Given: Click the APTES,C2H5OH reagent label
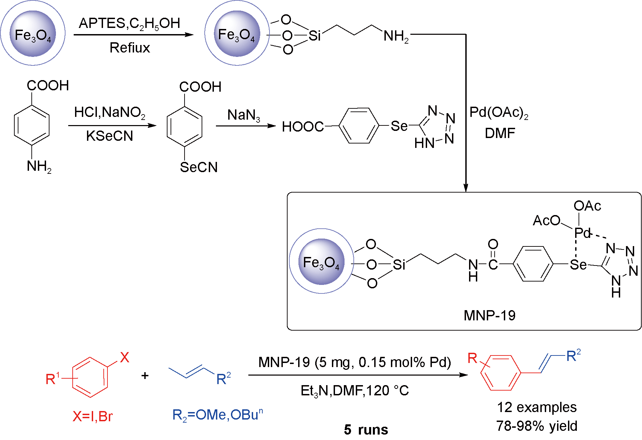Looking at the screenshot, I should tap(129, 24).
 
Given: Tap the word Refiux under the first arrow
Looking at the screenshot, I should tap(130, 48).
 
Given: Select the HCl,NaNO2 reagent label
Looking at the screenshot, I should tap(110, 112).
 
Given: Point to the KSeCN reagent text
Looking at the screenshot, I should tap(110, 136).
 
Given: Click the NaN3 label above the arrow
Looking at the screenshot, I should tap(244, 115).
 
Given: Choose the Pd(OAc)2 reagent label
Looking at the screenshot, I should tap(499, 112).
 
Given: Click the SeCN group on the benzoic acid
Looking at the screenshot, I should tap(199, 167).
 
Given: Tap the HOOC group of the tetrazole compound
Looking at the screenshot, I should tap(303, 127).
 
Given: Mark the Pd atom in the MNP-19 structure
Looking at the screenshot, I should tap(582, 233).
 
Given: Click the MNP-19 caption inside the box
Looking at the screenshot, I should tap(490, 315).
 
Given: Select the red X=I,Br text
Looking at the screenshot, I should tap(92, 416).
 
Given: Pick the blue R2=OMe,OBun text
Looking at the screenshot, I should tap(217, 415).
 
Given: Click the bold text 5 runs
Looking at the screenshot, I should tap(366, 430).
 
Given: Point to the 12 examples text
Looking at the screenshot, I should tap(537, 407).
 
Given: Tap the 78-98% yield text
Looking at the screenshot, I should tap(537, 426).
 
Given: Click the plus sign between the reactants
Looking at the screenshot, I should tap(145, 376).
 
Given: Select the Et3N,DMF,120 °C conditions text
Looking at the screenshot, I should tap(354, 391).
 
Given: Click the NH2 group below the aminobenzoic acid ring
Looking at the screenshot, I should tap(39, 167).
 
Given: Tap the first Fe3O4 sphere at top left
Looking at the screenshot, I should tap(33, 33).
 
